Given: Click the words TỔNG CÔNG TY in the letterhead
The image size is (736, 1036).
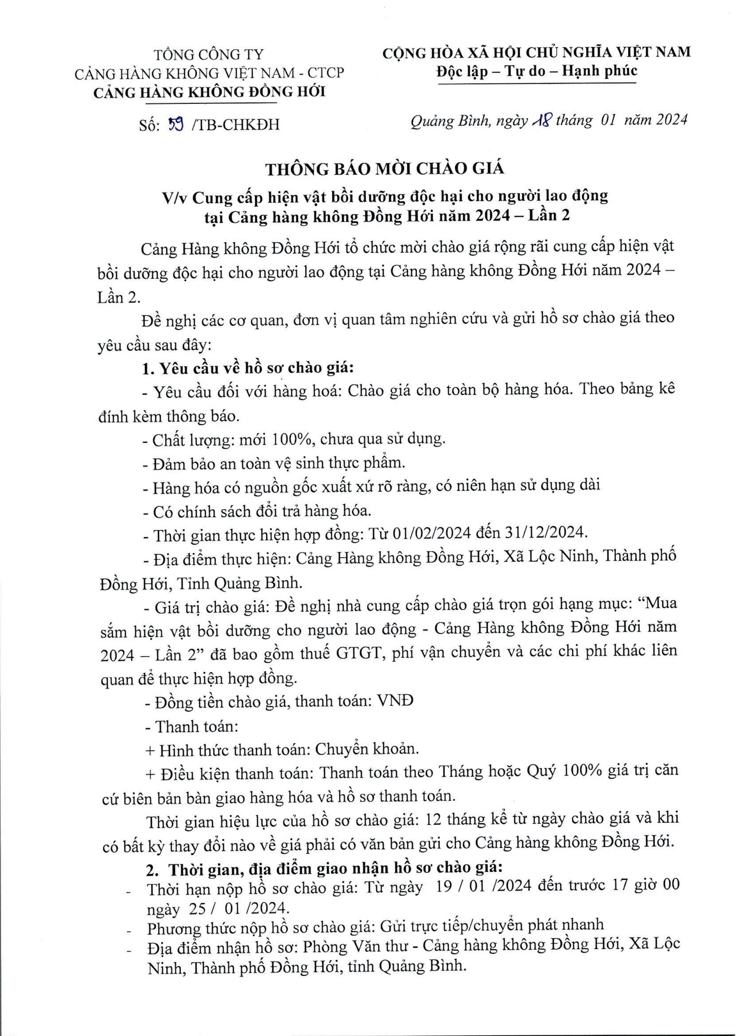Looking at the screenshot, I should pos(209,55).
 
